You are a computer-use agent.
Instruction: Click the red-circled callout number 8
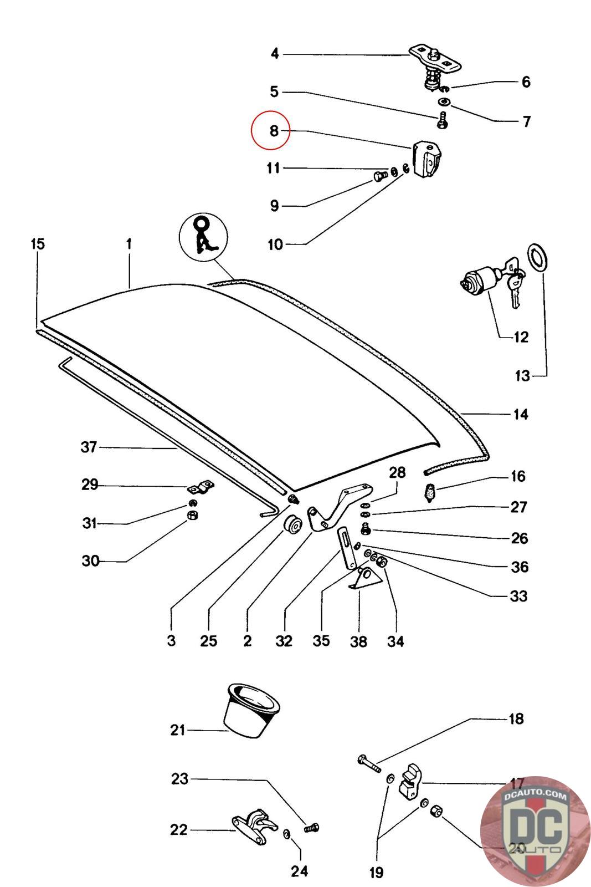tap(271, 131)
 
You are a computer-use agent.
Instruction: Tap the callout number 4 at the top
tap(275, 54)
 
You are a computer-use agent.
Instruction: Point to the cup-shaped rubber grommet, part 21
tap(250, 711)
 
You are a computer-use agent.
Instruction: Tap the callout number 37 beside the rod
tap(89, 447)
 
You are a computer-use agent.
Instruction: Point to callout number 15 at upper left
tap(38, 244)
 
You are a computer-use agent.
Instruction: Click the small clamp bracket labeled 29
tap(201, 489)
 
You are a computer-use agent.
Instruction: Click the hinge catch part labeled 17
tap(409, 781)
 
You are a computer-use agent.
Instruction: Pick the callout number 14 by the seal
tap(521, 414)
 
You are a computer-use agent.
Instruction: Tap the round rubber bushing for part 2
tap(292, 524)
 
